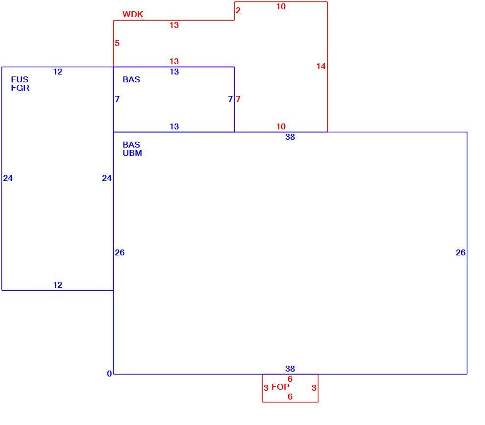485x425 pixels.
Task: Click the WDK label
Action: pyautogui.click(x=133, y=14)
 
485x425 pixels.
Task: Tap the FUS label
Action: pyautogui.click(x=20, y=79)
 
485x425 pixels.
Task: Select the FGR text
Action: pyautogui.click(x=20, y=88)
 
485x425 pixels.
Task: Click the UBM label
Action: pyautogui.click(x=132, y=153)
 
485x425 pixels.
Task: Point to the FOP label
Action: pyautogui.click(x=280, y=387)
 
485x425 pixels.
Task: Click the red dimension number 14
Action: pyautogui.click(x=321, y=66)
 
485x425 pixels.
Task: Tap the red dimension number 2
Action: pyautogui.click(x=238, y=10)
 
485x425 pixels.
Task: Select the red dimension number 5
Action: pyautogui.click(x=117, y=43)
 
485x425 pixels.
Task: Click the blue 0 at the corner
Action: pyautogui.click(x=109, y=374)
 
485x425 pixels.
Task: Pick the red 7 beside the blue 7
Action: pyautogui.click(x=238, y=100)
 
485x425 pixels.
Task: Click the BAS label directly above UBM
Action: pyautogui.click(x=131, y=145)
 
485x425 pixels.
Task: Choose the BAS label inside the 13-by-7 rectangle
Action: pyautogui.click(x=131, y=79)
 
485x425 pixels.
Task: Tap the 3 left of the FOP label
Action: pyautogui.click(x=266, y=388)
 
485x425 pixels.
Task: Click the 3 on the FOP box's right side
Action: pyautogui.click(x=314, y=388)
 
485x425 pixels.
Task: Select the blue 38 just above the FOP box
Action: pyautogui.click(x=290, y=369)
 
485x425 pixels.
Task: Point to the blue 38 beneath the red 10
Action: pyautogui.click(x=290, y=137)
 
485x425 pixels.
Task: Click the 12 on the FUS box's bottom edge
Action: pyautogui.click(x=57, y=285)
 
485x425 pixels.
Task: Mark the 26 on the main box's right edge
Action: pyautogui.click(x=461, y=252)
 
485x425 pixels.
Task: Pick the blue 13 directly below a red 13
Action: pyautogui.click(x=174, y=72)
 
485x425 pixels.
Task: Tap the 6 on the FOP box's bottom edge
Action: pyautogui.click(x=290, y=397)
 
